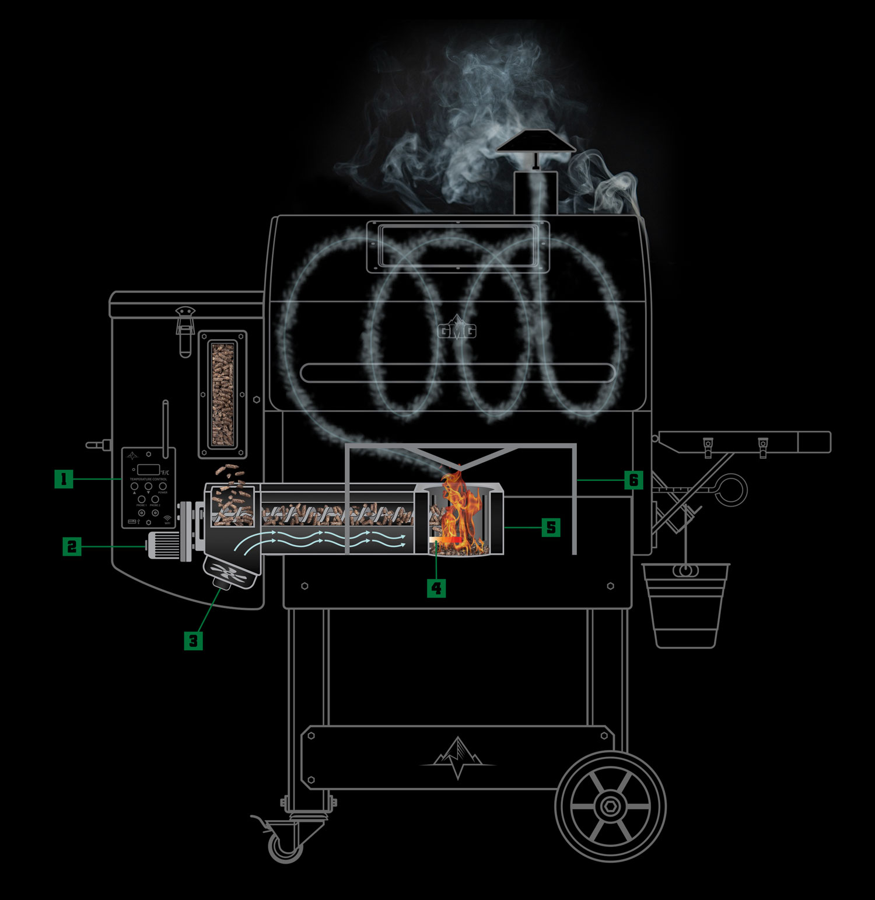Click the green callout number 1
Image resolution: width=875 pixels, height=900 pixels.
[64, 479]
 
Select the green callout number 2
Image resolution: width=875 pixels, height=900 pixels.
[72, 546]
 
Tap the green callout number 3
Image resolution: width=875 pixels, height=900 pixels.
[193, 641]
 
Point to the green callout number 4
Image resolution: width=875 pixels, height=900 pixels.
[436, 588]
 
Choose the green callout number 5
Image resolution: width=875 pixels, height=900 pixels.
[551, 528]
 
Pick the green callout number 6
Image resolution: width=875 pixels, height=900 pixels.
[633, 480]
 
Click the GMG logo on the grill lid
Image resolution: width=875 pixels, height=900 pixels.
[457, 331]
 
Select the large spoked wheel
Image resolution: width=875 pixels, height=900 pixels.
[610, 806]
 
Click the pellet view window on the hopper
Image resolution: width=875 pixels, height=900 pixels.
[222, 395]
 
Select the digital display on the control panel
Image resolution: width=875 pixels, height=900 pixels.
[149, 469]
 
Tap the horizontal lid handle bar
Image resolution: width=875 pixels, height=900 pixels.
[457, 372]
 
